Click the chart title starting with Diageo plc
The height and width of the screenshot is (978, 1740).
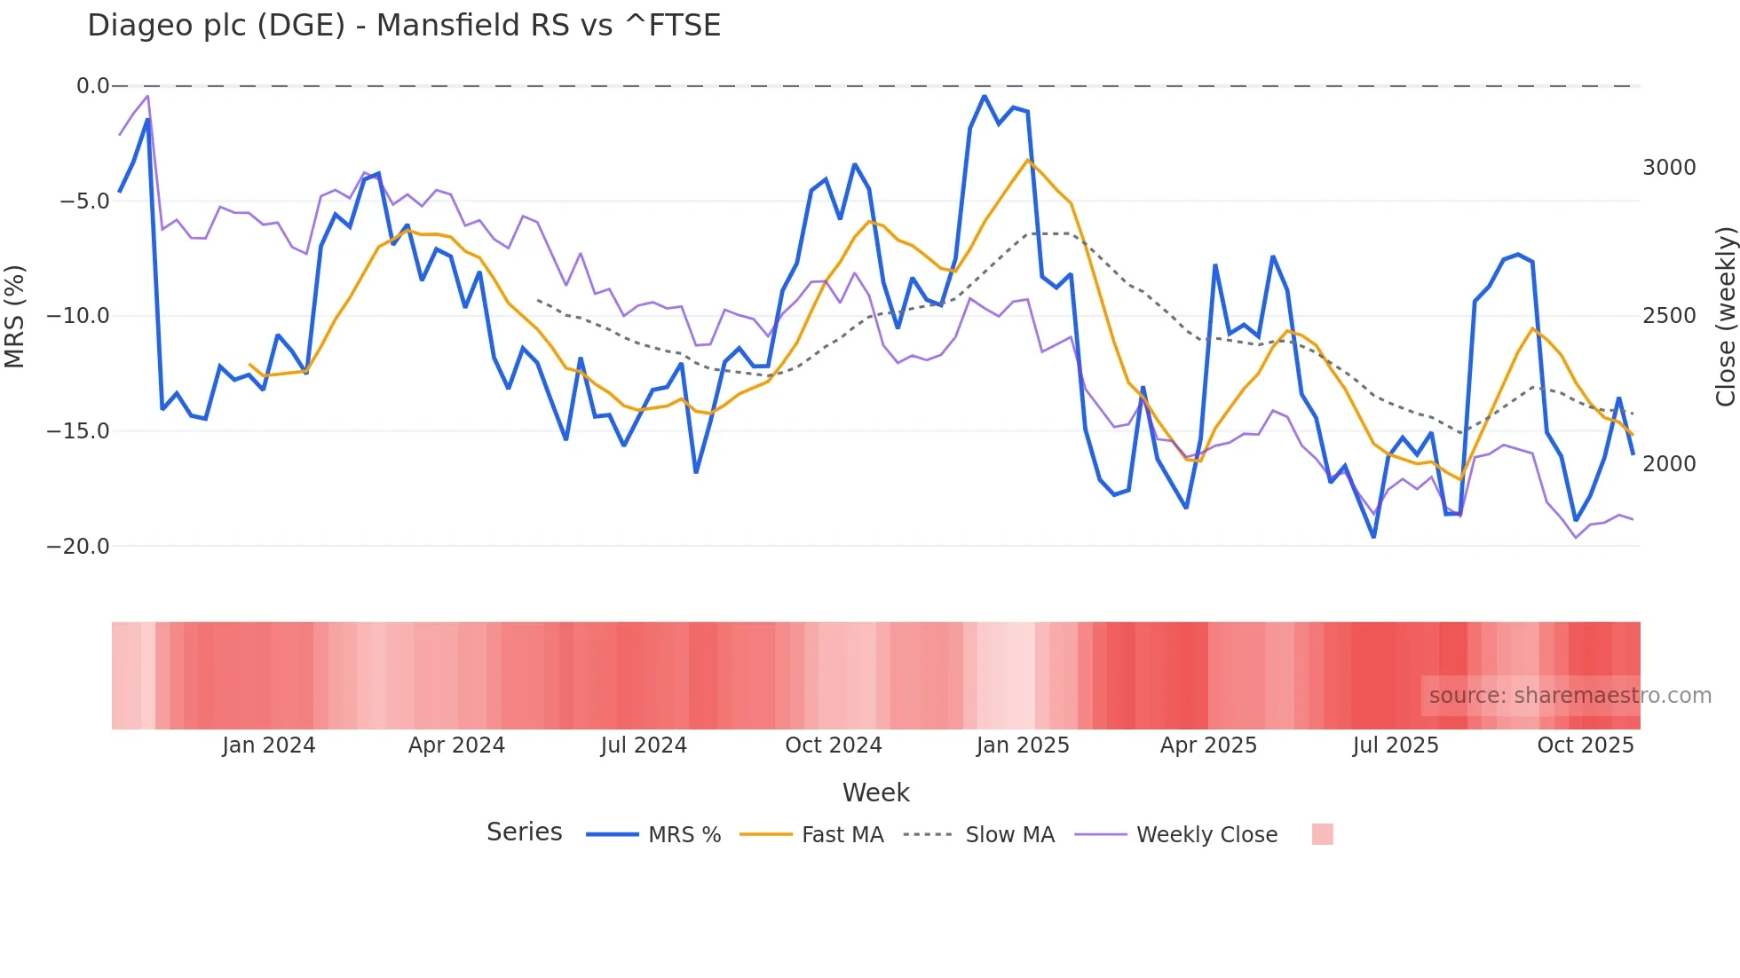[404, 26]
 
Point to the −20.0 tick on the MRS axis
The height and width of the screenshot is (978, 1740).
[78, 547]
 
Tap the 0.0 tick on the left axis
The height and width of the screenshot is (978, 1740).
[92, 86]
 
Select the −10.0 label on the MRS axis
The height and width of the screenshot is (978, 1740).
[78, 316]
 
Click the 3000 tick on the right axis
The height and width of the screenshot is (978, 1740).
[1669, 168]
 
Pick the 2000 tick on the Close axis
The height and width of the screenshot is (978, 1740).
[1669, 463]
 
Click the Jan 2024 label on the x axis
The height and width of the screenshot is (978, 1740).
[268, 745]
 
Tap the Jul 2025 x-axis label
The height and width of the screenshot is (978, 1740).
[1395, 745]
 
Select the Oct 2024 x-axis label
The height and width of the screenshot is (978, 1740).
[833, 745]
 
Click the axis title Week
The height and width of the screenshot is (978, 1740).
[875, 793]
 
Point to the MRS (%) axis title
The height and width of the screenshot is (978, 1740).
[15, 316]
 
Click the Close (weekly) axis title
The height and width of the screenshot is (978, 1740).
[1725, 316]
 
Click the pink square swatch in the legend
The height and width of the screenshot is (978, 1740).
[1322, 834]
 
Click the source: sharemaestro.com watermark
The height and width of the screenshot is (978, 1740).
[1570, 696]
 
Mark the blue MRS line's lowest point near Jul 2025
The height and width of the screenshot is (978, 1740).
[1373, 537]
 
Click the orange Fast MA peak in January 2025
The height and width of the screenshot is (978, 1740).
[1027, 161]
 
